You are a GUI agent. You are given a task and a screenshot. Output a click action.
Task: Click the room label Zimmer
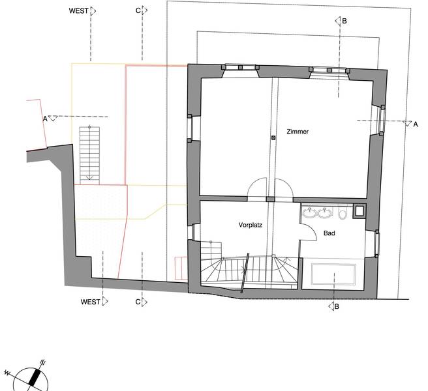[298, 132]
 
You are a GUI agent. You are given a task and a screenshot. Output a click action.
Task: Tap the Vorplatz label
[251, 225]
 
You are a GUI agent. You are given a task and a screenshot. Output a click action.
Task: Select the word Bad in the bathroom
[329, 233]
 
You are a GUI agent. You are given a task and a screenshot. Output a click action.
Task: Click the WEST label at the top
[78, 11]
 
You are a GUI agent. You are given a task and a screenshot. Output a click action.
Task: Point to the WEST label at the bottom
[90, 302]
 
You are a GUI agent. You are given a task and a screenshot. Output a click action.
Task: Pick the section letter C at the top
[138, 10]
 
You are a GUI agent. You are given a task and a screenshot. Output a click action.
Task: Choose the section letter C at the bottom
[138, 302]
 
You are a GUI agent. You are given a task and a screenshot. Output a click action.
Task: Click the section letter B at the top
[344, 21]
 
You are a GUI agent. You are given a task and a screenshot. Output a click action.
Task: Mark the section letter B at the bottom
[337, 306]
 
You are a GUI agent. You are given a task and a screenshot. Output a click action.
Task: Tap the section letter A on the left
[45, 119]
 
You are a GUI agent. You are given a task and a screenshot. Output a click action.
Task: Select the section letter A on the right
[416, 124]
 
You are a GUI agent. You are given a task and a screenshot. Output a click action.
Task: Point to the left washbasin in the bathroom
[310, 212]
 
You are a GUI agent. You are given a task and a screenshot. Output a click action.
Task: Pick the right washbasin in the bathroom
[324, 212]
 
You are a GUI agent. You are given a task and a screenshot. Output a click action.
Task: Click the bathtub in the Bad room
[333, 274]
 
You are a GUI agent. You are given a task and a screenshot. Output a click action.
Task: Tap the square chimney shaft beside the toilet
[359, 211]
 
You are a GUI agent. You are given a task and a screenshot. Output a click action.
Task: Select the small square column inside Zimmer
[273, 138]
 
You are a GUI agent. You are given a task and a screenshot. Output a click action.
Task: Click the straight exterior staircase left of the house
[89, 155]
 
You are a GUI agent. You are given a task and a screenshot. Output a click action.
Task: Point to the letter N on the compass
[42, 362]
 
